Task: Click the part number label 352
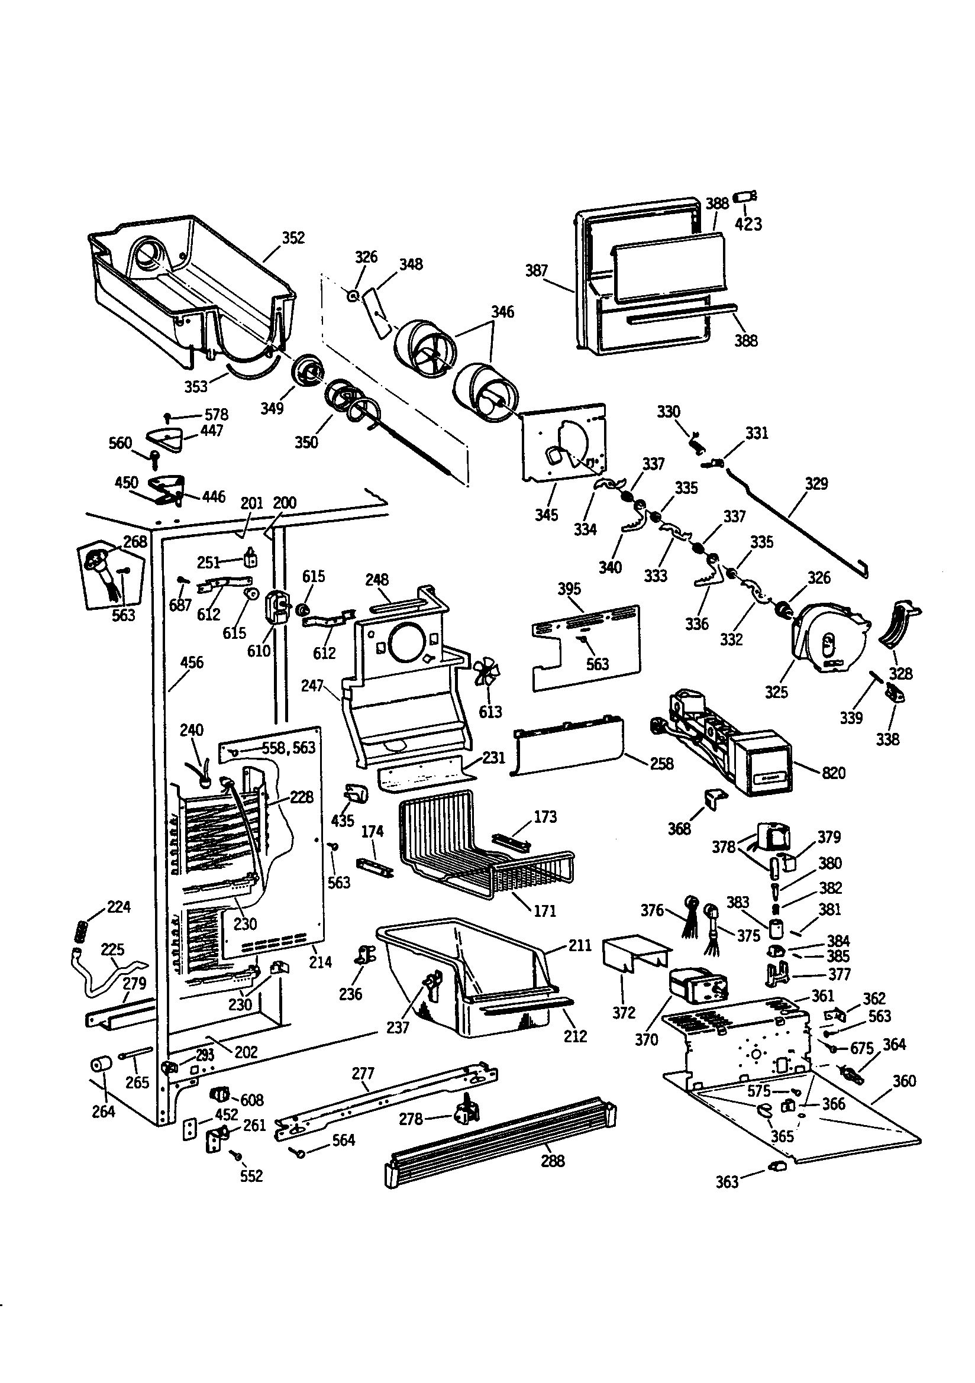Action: pos(293,238)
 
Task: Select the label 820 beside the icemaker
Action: pos(834,773)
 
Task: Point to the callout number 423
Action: pos(748,224)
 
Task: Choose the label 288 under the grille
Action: pos(552,1161)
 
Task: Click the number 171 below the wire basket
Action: pos(544,911)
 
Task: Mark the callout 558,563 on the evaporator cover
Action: pos(288,748)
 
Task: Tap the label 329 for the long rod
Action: pos(816,483)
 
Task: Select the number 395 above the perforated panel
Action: pos(569,589)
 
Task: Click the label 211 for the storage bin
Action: pos(580,945)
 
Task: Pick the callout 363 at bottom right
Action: pos(727,1182)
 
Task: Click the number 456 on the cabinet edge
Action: pos(192,663)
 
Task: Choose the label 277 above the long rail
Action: pos(363,1074)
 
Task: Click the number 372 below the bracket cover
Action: pos(624,1013)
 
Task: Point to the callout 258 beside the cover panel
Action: pos(661,763)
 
